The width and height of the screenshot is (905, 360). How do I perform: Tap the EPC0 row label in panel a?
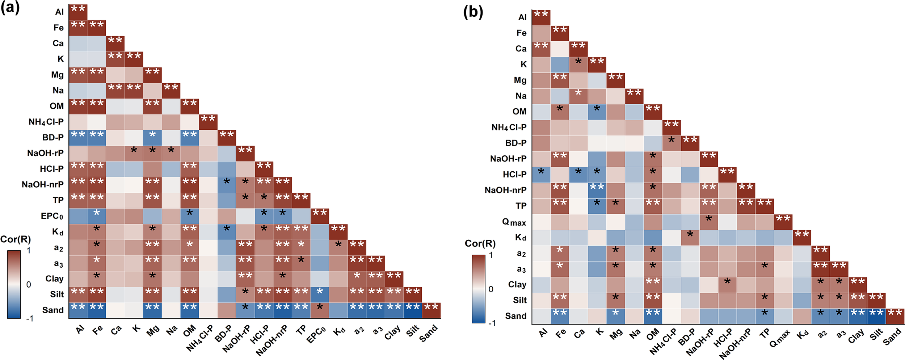pos(52,216)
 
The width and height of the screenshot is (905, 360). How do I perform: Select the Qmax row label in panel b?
pos(514,222)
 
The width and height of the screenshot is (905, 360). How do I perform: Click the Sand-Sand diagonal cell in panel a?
pos(432,310)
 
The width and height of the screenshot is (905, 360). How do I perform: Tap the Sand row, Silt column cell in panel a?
pos(413,310)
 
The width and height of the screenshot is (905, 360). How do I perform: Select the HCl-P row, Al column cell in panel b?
pos(541,175)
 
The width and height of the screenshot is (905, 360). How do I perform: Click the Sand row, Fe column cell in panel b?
pos(560,316)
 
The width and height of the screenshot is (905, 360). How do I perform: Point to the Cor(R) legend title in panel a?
pos(16,239)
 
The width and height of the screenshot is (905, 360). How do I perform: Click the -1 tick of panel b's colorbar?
pos(492,323)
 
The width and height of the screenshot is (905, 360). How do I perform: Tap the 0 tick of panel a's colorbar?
pos(29,284)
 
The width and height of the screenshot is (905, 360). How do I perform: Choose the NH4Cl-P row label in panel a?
pos(46,122)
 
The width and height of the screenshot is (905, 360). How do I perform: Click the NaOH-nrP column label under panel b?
pos(735,342)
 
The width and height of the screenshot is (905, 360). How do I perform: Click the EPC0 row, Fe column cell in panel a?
pos(97,216)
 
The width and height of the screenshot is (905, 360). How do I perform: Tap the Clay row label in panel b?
pos(517,285)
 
